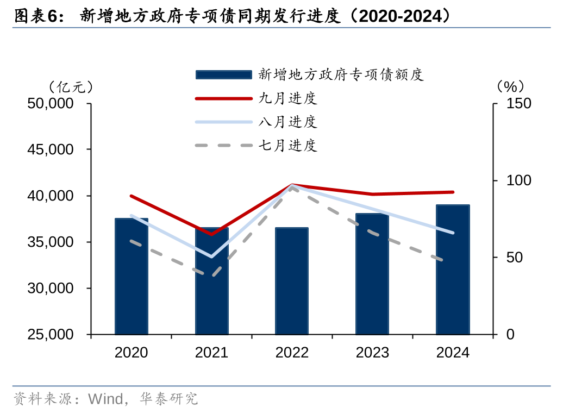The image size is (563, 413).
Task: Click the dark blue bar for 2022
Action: click(292, 281)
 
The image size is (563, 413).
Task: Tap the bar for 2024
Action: click(453, 270)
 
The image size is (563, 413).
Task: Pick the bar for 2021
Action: click(212, 281)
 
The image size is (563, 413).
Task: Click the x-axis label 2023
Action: click(372, 353)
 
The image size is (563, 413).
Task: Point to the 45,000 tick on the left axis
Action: click(50, 149)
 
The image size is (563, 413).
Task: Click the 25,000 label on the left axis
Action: click(50, 335)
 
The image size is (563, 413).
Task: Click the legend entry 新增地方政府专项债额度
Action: click(341, 74)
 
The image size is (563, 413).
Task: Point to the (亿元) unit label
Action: click(71, 86)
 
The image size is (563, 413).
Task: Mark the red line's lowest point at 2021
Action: click(212, 234)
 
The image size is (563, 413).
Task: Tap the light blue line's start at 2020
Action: click(132, 216)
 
